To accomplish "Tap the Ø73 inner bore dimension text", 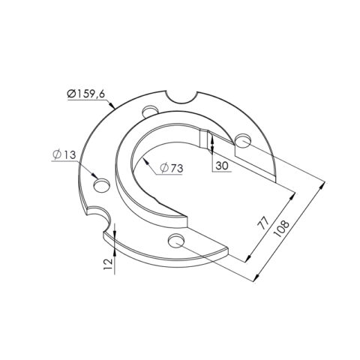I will pyautogui.click(x=172, y=169).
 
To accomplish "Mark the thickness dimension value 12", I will pyautogui.click(x=109, y=262).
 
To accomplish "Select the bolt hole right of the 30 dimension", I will pyautogui.click(x=242, y=140).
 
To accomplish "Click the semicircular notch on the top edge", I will pyautogui.click(x=182, y=97).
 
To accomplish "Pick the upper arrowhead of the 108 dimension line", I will pyautogui.click(x=326, y=184).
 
